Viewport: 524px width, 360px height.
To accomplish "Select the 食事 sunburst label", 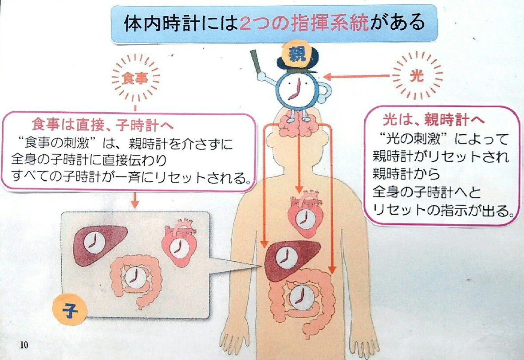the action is click(x=136, y=78).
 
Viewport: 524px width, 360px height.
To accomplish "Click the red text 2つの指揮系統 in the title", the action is click(x=304, y=23).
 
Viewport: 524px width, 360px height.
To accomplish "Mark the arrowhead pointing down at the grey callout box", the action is click(x=135, y=204).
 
